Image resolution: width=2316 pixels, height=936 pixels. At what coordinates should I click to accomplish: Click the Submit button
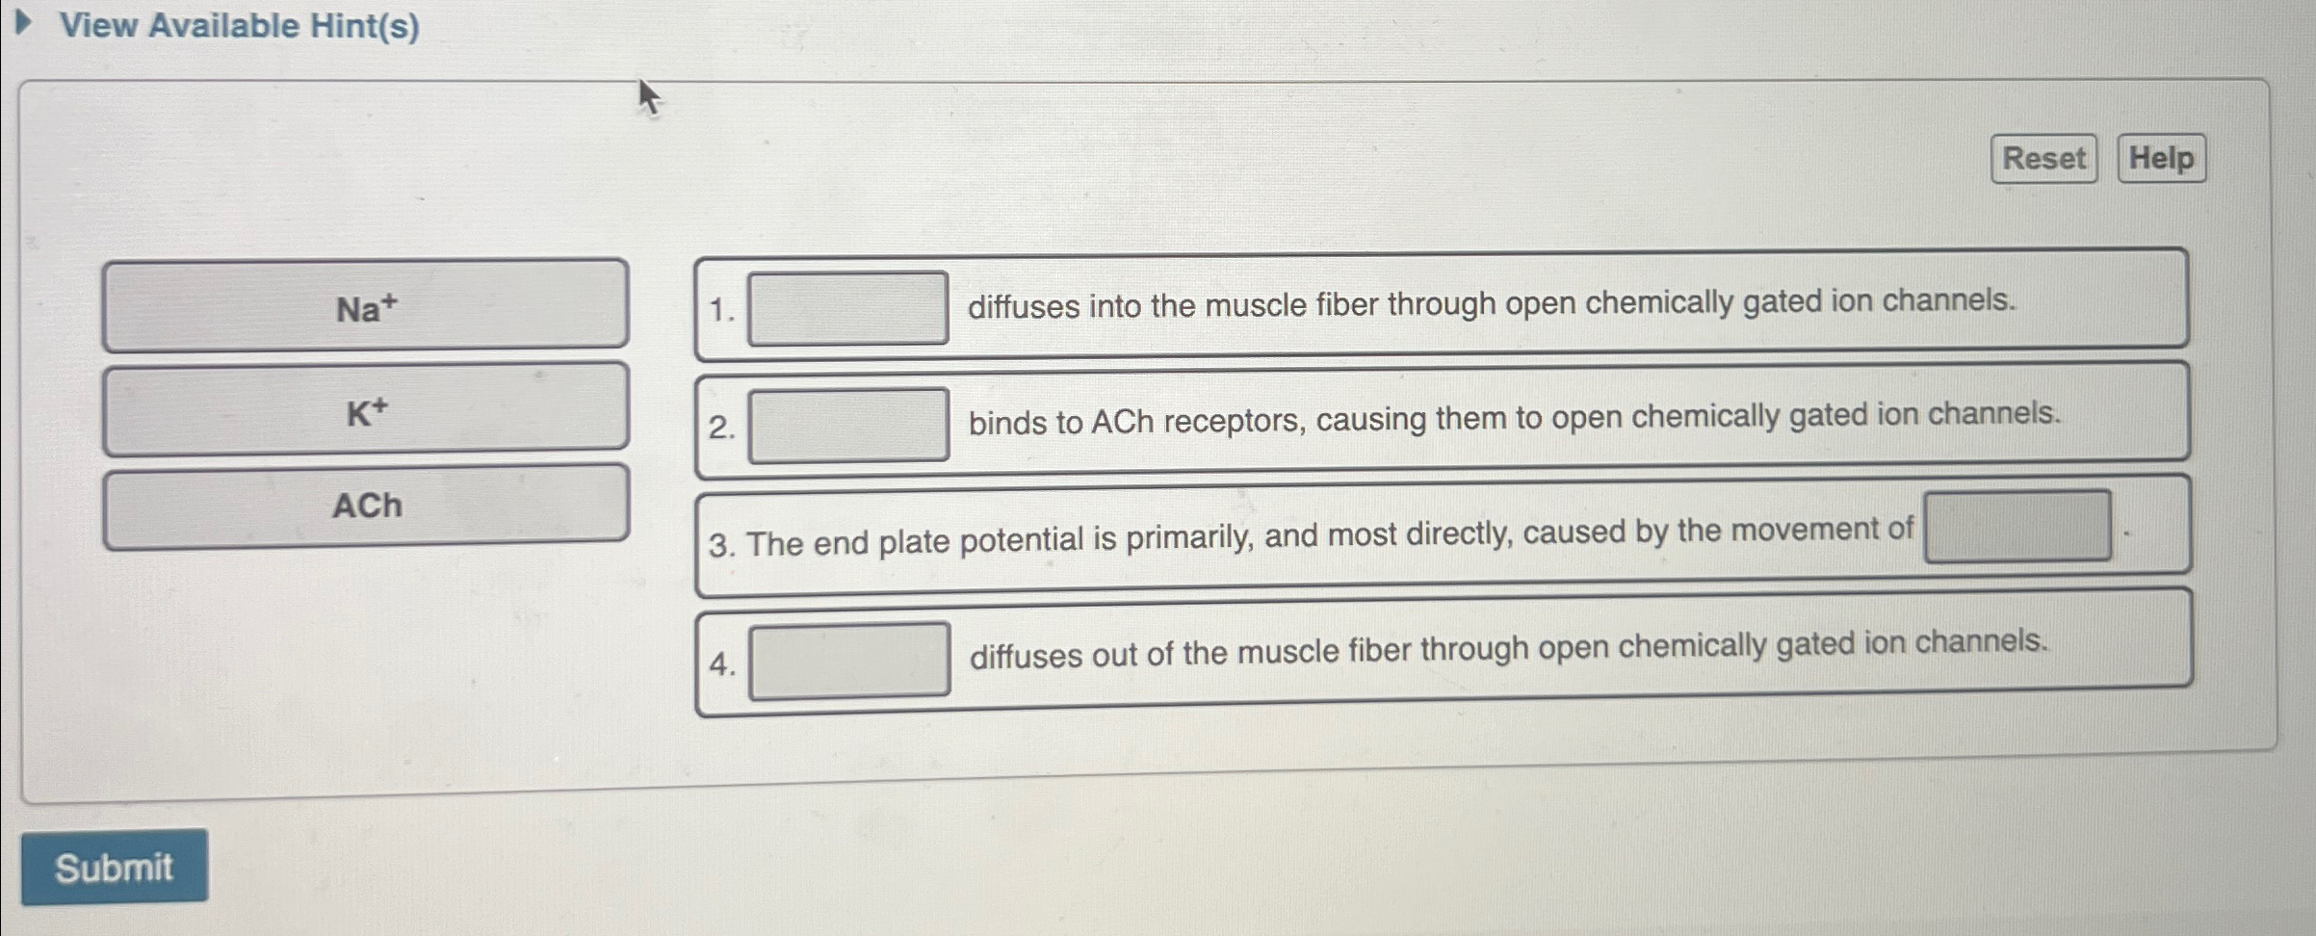click(114, 868)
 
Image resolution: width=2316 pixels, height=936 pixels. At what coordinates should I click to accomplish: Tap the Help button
click(2161, 158)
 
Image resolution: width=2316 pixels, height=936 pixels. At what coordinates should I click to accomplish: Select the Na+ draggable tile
click(366, 305)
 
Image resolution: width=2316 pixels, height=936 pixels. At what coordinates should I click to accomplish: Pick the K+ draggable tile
click(366, 408)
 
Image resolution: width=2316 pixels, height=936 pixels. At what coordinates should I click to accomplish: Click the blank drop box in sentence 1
click(847, 308)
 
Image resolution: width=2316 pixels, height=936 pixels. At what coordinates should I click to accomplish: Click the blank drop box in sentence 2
click(848, 425)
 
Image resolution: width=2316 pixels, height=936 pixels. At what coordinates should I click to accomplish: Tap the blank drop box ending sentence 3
click(2017, 526)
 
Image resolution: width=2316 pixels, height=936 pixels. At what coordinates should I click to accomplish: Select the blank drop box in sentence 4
click(849, 660)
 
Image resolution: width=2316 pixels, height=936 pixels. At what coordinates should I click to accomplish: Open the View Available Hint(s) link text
click(240, 26)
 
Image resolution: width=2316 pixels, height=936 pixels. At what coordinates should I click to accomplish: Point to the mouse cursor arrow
click(647, 94)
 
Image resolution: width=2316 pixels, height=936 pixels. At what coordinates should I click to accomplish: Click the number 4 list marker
click(720, 663)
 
